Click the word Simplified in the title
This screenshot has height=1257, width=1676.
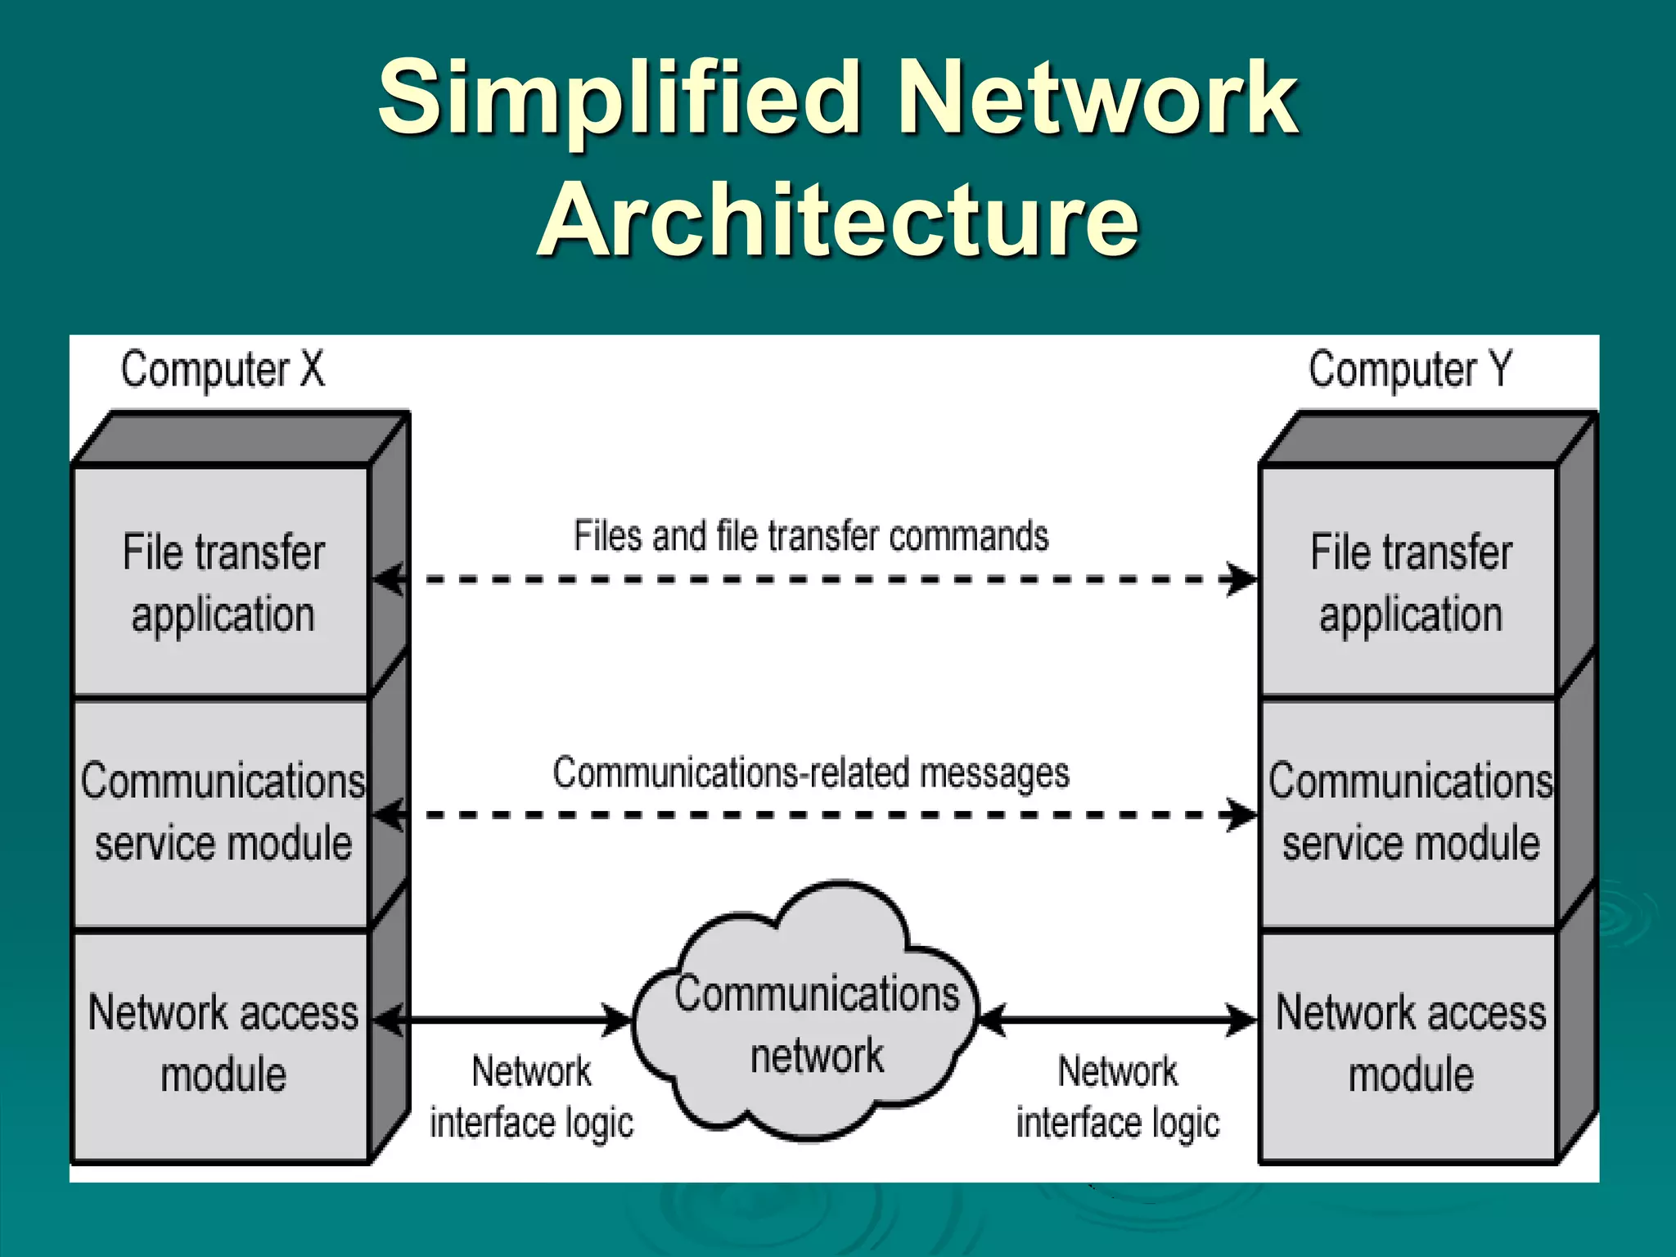[618, 98]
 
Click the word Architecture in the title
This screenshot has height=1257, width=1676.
[838, 219]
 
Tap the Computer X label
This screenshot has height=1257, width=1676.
[223, 370]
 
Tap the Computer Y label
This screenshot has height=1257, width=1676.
[1409, 370]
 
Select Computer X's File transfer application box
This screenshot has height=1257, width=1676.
[223, 581]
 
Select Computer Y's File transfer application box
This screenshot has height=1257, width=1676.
[1409, 581]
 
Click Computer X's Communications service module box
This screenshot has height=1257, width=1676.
[223, 813]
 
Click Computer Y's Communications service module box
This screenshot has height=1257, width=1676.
[1409, 813]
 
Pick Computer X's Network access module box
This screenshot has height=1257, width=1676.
[223, 1043]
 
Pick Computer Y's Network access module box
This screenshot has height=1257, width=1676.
[1409, 1043]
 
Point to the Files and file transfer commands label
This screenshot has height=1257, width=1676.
[810, 536]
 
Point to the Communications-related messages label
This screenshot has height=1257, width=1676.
[810, 773]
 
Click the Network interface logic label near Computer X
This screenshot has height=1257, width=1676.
[532, 1097]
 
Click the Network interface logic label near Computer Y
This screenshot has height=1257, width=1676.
[1117, 1097]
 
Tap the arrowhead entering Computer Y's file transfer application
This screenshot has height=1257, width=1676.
[1242, 579]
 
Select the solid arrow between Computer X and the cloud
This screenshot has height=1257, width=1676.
[503, 1020]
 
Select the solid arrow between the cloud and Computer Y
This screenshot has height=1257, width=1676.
[1117, 1020]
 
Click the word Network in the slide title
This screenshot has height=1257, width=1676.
[1097, 98]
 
